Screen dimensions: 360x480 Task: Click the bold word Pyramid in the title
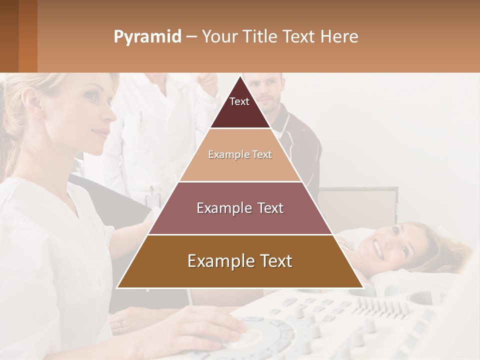(x=147, y=36)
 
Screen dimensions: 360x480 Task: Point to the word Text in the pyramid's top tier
(x=239, y=101)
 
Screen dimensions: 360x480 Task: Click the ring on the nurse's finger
(x=119, y=324)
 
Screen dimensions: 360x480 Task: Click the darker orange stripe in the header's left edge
(x=27, y=36)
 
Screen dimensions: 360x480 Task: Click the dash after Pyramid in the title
(x=191, y=36)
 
